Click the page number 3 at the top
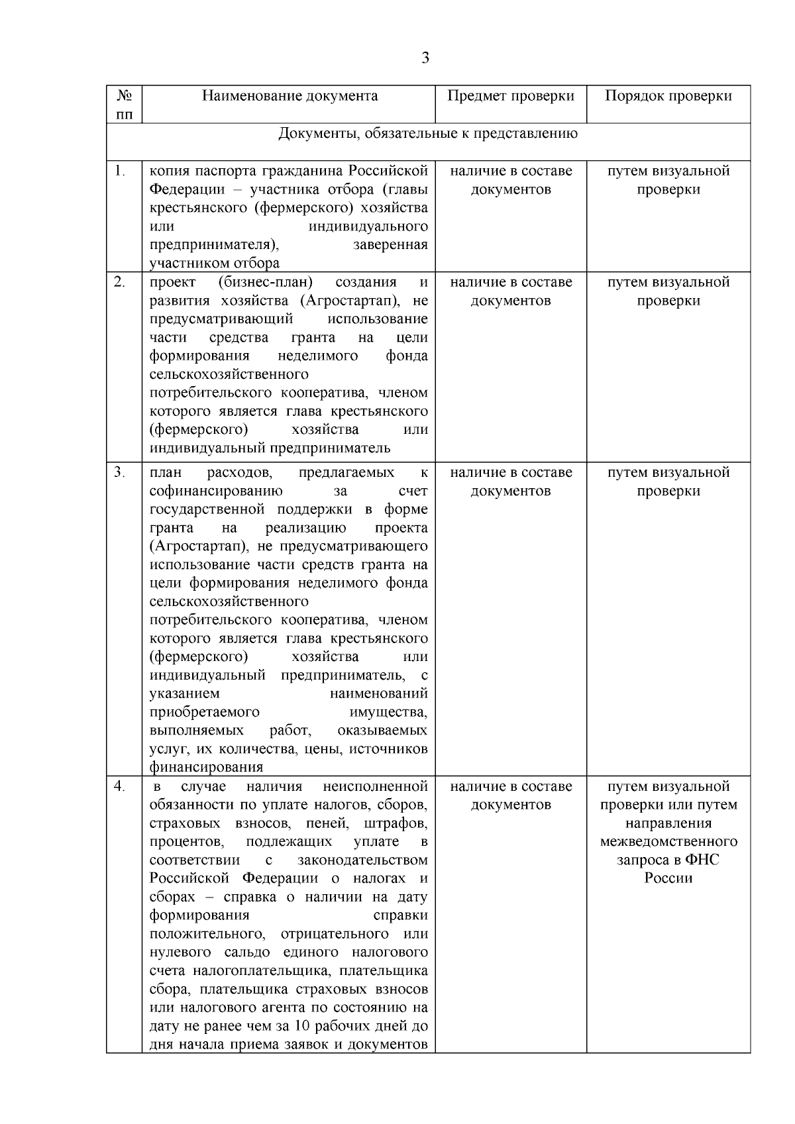click(x=425, y=58)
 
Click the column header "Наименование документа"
click(x=290, y=96)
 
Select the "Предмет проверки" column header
click(x=510, y=96)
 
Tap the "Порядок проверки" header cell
click(x=668, y=96)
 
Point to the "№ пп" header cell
click(x=124, y=105)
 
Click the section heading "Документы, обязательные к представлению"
click(x=428, y=134)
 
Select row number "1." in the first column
click(x=119, y=171)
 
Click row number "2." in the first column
click(x=119, y=282)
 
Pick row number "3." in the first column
click(x=119, y=472)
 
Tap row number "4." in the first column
click(x=119, y=786)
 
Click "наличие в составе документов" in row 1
click(x=511, y=180)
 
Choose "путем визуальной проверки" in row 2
click(x=668, y=291)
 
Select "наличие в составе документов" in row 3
click(x=511, y=482)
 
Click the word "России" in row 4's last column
click(x=668, y=878)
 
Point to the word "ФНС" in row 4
click(x=702, y=860)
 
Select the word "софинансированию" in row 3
click(x=216, y=491)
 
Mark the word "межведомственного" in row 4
click(x=668, y=841)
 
